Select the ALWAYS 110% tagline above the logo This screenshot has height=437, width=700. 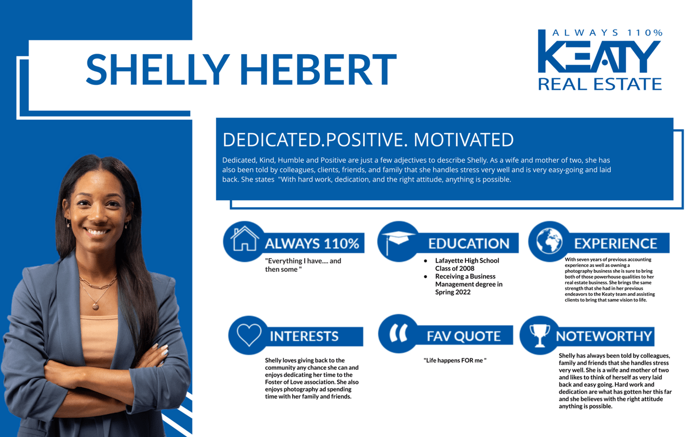[x=607, y=33]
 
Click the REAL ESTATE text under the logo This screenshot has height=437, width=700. [x=599, y=84]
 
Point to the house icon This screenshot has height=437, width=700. [x=244, y=239]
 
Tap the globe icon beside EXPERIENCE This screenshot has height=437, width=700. [x=549, y=241]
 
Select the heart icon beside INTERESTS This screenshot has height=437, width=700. [x=249, y=334]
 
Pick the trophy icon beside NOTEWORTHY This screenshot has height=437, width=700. [x=539, y=334]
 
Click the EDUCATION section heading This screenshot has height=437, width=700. [x=468, y=243]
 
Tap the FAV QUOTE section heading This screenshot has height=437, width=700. [x=464, y=336]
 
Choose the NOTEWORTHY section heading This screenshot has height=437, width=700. [x=604, y=336]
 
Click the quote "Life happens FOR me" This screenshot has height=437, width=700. [x=455, y=360]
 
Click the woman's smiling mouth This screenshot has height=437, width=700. [x=97, y=232]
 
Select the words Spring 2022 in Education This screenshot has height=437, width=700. [x=453, y=292]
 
